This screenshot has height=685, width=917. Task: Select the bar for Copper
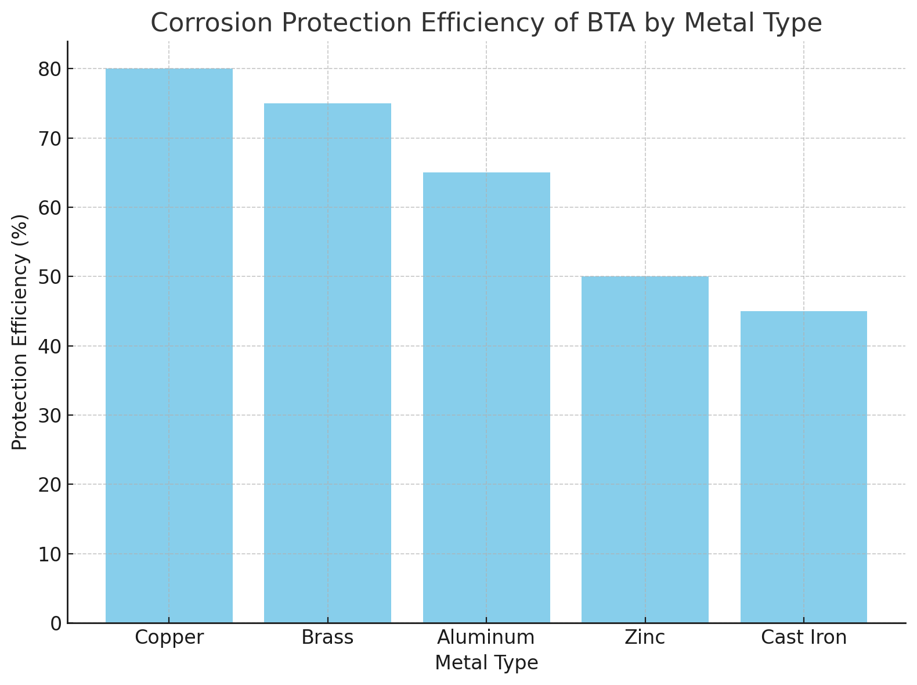click(169, 345)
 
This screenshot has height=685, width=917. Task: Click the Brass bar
click(327, 363)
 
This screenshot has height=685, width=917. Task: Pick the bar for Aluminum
click(486, 398)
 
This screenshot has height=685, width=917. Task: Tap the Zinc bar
click(645, 449)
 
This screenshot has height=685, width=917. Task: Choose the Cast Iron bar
click(803, 467)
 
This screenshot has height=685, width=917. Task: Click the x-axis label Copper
click(169, 637)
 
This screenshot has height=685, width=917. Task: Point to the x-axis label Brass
click(327, 637)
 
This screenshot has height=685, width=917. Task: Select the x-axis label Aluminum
click(486, 637)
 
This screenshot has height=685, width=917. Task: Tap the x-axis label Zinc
click(645, 637)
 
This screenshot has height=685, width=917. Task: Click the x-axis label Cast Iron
click(803, 637)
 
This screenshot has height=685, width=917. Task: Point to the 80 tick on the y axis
click(50, 69)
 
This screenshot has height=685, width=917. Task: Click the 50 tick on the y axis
click(50, 277)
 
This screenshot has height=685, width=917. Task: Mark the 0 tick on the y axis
click(56, 623)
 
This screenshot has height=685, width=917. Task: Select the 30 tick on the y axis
click(50, 416)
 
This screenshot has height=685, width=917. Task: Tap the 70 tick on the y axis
click(50, 138)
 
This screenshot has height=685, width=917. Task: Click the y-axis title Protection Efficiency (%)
click(20, 332)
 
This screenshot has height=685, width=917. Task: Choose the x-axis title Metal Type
click(486, 663)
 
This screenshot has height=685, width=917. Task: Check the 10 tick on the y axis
click(50, 554)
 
